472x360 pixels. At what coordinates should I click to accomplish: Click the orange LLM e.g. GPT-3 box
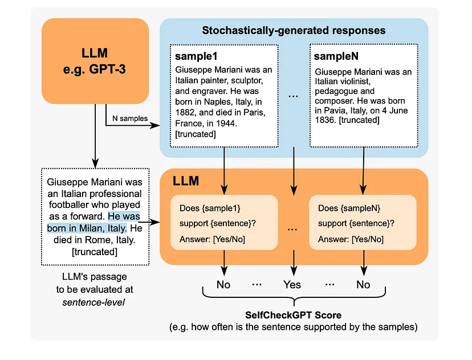click(x=95, y=61)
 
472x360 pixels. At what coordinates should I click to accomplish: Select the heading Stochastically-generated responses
click(x=294, y=30)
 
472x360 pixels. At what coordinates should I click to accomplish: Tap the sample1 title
click(x=196, y=56)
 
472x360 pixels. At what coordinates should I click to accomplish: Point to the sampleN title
click(x=336, y=56)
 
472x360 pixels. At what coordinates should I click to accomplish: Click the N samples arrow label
click(x=130, y=118)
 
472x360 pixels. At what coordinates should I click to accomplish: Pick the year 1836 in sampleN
click(x=325, y=120)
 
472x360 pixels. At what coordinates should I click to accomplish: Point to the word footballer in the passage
click(x=68, y=205)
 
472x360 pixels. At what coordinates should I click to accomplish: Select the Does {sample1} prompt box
click(x=224, y=223)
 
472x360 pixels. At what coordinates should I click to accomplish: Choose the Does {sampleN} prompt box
click(x=363, y=223)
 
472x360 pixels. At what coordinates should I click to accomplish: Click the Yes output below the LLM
click(x=292, y=284)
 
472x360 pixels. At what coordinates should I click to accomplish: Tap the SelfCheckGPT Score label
click(x=294, y=315)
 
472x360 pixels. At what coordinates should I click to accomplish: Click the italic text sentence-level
click(x=93, y=302)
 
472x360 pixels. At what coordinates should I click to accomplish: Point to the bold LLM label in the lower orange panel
click(x=186, y=181)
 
